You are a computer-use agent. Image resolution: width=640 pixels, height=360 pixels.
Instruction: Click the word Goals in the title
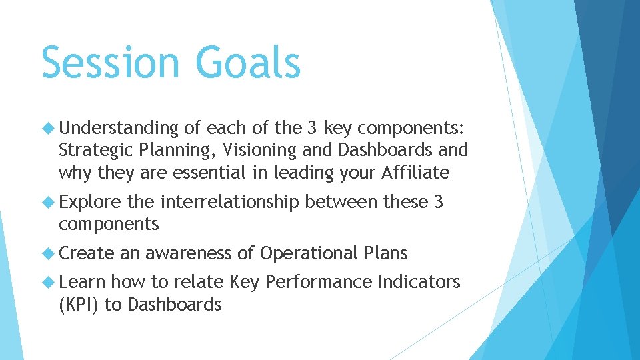point(248,62)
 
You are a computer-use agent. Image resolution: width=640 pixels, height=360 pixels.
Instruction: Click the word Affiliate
point(416,173)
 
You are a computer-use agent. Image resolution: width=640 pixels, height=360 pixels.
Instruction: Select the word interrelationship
point(230,201)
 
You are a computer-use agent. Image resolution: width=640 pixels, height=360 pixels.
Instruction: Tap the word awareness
point(189,253)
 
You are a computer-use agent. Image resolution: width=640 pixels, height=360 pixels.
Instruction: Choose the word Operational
point(309,253)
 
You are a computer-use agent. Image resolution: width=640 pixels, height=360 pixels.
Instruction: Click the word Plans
point(386,253)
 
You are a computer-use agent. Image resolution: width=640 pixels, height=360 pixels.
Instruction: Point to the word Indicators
point(418,282)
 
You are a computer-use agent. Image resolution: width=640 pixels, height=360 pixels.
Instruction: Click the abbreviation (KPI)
point(81,305)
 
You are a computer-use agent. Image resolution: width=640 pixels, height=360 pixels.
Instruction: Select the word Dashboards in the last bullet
point(174,305)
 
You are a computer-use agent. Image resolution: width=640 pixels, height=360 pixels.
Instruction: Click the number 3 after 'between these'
point(438,201)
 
